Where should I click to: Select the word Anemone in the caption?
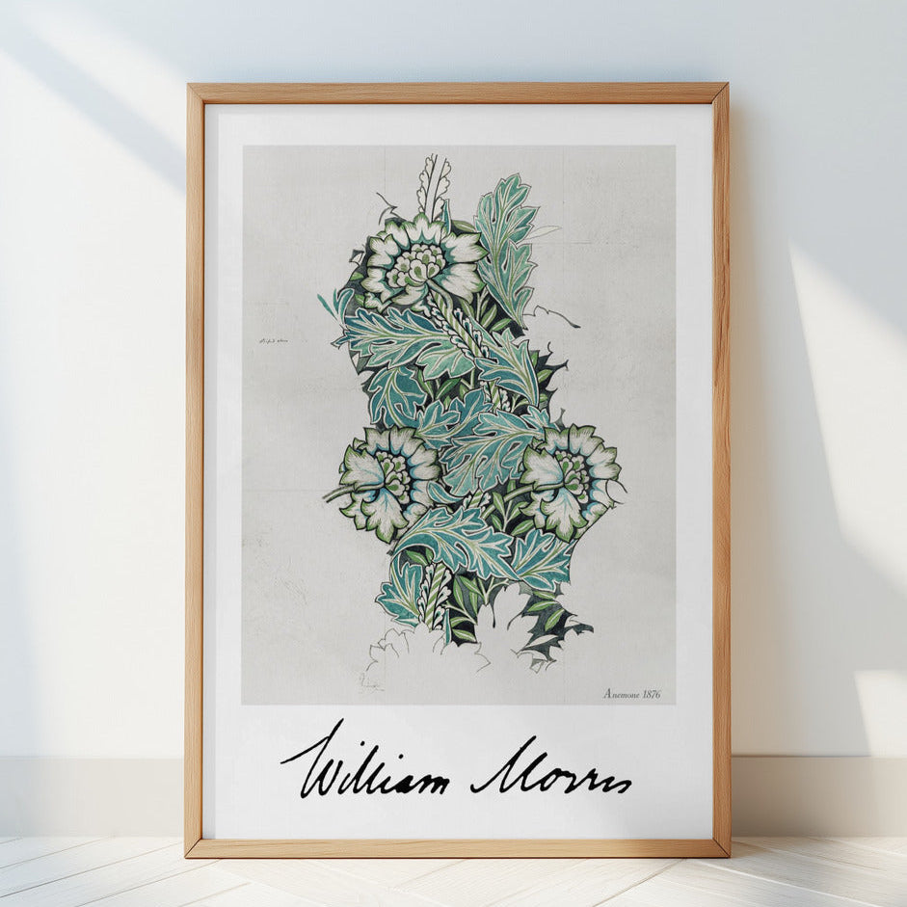pyautogui.click(x=622, y=693)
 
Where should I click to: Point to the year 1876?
pyautogui.click(x=652, y=693)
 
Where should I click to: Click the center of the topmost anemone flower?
pyautogui.click(x=416, y=258)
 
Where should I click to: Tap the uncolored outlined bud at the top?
pyautogui.click(x=434, y=183)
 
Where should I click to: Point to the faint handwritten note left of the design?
pyautogui.click(x=274, y=341)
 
